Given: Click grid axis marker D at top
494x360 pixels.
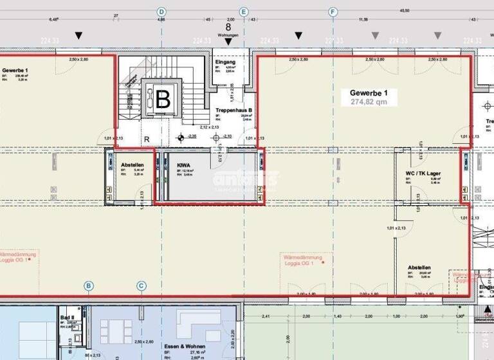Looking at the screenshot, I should click(161, 12).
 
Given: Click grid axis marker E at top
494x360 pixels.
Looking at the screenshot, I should click(244, 12).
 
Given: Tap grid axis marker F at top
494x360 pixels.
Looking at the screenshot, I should click(333, 12).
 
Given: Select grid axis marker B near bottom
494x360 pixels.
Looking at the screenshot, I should click(89, 285).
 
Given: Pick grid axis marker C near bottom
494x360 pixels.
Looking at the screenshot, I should click(141, 285).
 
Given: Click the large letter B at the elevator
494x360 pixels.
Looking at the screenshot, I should click(163, 98).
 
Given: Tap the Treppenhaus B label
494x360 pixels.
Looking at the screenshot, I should click(233, 110).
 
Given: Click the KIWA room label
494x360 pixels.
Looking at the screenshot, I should click(184, 165).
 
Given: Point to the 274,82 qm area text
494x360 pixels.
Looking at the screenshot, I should click(369, 102).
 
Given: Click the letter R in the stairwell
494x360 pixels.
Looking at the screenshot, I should click(147, 138).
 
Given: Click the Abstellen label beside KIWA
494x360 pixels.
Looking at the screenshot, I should click(133, 165).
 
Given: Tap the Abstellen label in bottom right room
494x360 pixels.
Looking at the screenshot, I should click(419, 267).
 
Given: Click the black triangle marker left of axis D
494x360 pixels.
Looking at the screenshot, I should click(78, 35).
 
